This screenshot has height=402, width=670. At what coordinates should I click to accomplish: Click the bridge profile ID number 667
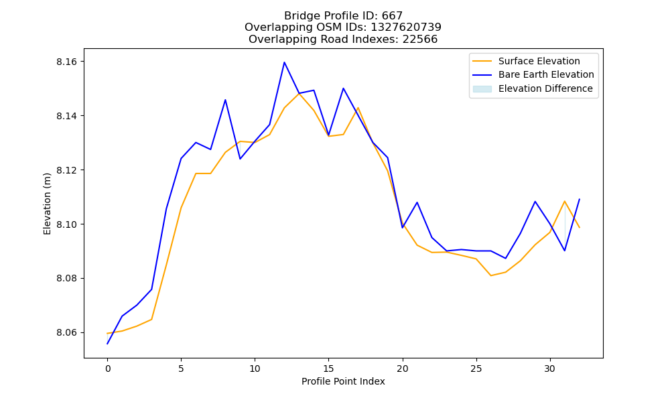tap(392, 16)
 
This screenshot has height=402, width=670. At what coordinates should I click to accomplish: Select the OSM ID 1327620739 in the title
tap(406, 27)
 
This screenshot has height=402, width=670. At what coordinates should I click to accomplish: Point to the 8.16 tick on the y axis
tap(66, 62)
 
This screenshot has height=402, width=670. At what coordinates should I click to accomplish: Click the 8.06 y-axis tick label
tap(66, 333)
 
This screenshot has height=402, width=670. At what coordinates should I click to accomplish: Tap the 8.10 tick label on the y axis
tap(66, 224)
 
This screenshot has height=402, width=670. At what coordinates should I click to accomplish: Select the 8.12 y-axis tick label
tap(66, 170)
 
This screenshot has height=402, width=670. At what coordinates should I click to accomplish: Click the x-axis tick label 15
tap(328, 368)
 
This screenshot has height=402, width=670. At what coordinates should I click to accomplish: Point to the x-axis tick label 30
tap(550, 368)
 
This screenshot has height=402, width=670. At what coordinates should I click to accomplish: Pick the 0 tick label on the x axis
tap(107, 368)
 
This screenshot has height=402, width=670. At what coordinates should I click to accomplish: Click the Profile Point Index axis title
tap(343, 381)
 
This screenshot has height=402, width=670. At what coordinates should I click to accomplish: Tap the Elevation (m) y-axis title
tap(47, 204)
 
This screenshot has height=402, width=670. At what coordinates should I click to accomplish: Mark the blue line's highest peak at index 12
tap(284, 62)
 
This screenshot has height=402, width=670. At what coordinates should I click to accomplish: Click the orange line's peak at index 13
tap(299, 93)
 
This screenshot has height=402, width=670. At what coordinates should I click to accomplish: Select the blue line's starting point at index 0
tap(107, 344)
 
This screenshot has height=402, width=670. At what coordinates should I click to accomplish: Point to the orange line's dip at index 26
tap(491, 275)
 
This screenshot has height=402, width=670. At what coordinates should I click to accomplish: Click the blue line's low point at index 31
tap(565, 251)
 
